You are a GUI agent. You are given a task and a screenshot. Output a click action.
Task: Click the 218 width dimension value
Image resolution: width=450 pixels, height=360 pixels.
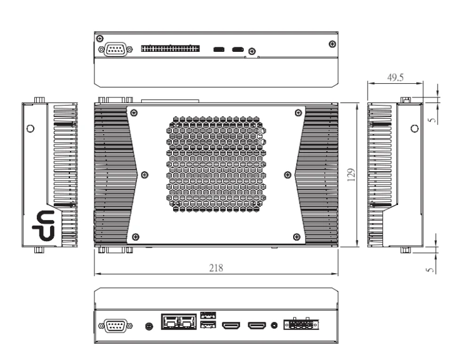pyautogui.click(x=217, y=267)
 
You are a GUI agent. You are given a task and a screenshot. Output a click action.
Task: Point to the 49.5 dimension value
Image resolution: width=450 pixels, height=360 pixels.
pyautogui.click(x=394, y=77)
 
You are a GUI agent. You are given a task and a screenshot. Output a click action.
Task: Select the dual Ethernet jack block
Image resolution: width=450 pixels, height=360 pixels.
pyautogui.click(x=179, y=322)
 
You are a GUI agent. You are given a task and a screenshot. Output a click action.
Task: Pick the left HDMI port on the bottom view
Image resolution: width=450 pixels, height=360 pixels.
pyautogui.click(x=232, y=326)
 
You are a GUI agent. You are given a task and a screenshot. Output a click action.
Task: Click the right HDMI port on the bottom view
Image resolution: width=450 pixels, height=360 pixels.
pyautogui.click(x=257, y=326)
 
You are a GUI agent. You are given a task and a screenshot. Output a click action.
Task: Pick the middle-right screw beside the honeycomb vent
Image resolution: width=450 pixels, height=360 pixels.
pyautogui.click(x=287, y=174)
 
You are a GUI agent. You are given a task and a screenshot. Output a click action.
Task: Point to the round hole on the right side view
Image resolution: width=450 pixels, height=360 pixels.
pyautogui.click(x=414, y=129)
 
